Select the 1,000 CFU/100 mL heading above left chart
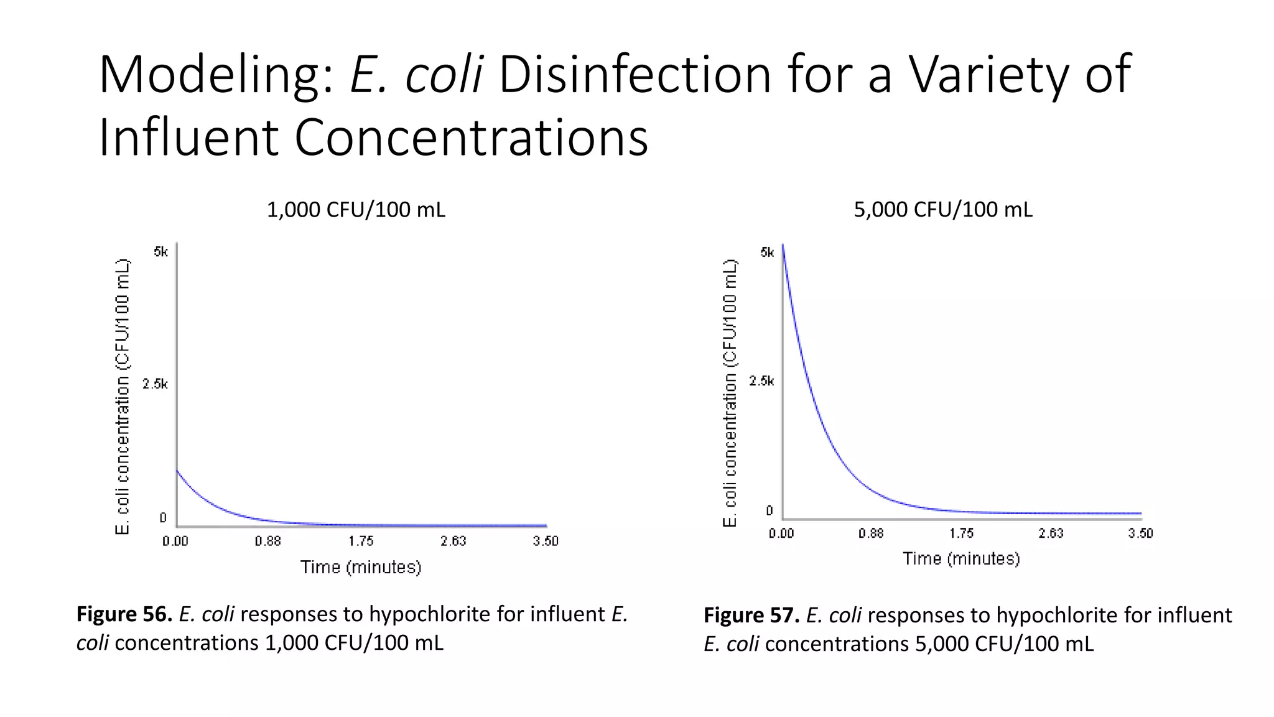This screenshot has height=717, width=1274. coord(356,210)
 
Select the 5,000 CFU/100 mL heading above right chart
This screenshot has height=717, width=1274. coord(943,210)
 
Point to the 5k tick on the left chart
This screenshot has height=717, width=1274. coord(160,252)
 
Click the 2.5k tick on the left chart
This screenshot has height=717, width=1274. coord(155,384)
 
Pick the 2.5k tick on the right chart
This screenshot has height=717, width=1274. coord(761,381)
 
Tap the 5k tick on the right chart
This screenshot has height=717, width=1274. coord(767,253)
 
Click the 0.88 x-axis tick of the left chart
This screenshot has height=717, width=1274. coord(267,541)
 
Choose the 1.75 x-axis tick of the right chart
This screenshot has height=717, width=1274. coord(961,533)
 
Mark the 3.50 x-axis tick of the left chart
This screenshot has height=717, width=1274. coord(546,541)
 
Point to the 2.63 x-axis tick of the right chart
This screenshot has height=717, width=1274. coord(1051,533)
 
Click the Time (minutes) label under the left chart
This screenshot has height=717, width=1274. coord(361,567)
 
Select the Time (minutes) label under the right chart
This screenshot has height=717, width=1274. coord(961,559)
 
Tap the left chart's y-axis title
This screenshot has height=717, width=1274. coord(123,396)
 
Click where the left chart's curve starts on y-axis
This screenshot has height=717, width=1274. coord(177,471)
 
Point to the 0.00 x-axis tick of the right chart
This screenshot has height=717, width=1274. coord(781,533)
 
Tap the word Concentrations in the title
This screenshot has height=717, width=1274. coord(471,138)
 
